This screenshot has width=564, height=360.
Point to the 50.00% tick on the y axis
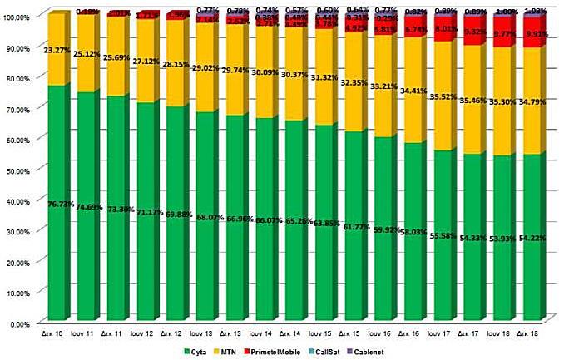17,170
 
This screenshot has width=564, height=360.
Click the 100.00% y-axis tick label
17,17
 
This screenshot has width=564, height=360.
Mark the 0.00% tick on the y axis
17,323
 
